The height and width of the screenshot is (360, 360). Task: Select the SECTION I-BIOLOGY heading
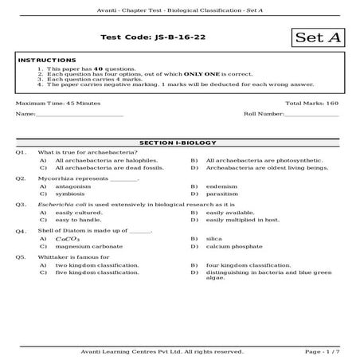[179, 143]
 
